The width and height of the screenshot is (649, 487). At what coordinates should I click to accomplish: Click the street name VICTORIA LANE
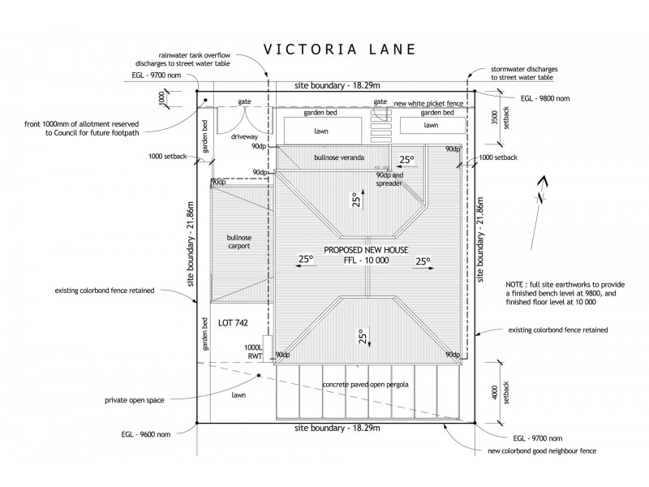[x=340, y=49]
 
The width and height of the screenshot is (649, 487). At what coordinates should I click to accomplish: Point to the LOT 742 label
[x=233, y=322]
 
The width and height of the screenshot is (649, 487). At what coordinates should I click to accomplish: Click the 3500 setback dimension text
[x=496, y=121]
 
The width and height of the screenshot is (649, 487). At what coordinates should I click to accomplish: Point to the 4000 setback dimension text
[x=496, y=394]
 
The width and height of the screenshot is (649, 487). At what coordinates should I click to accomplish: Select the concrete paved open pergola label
[x=365, y=384]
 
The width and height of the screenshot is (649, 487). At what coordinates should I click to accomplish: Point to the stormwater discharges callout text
[x=523, y=73]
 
